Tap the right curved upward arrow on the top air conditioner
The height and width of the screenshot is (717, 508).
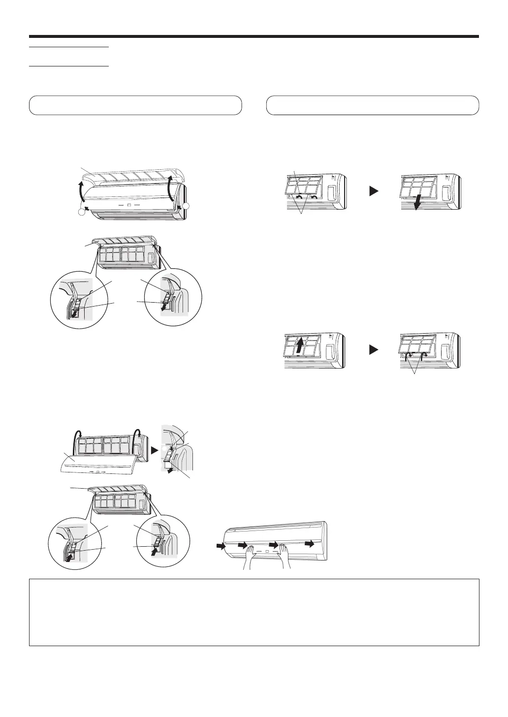point(170,187)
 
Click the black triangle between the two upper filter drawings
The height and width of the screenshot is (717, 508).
point(374,191)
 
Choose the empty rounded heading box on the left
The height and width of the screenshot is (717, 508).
point(135,105)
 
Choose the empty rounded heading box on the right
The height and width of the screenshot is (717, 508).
point(372,105)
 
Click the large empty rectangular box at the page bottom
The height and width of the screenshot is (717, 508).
point(254,612)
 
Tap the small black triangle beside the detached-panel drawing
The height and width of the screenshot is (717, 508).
point(154,450)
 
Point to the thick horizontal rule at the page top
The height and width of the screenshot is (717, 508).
point(254,36)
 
